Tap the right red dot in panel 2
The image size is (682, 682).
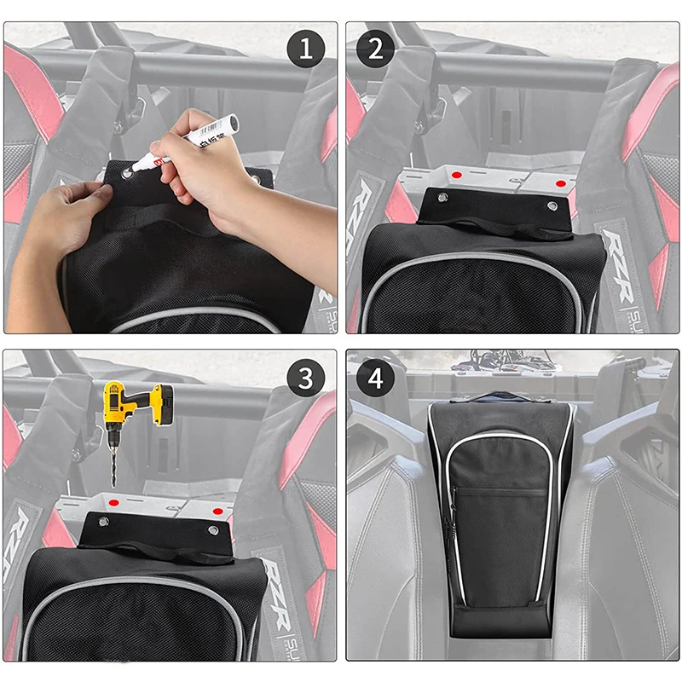click(x=559, y=182)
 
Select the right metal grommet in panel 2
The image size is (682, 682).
click(x=551, y=205)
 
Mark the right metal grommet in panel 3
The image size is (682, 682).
click(x=212, y=531)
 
